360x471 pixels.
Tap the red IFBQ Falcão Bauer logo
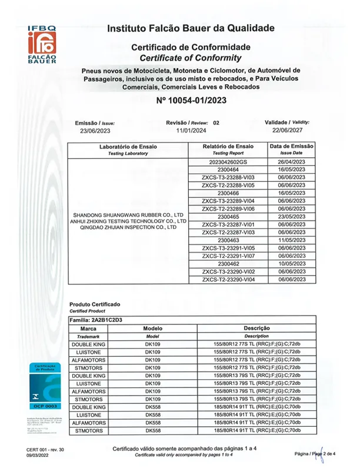tap(41, 46)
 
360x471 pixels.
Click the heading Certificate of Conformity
tap(191, 58)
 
